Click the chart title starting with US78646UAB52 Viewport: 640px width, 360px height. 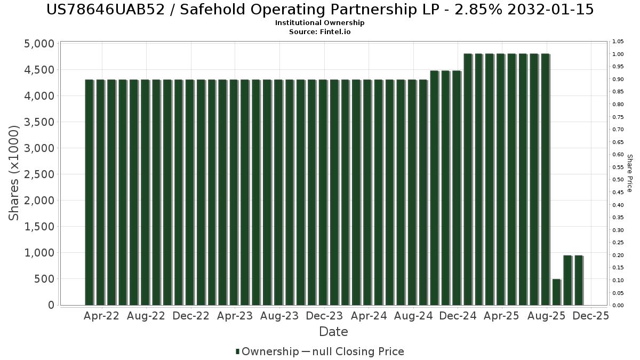tap(320, 10)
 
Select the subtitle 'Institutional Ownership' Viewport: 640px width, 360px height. tap(320, 23)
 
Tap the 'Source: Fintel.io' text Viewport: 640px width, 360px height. tap(320, 31)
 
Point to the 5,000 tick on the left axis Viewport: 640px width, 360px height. tap(39, 44)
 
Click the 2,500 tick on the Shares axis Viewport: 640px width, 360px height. tap(39, 174)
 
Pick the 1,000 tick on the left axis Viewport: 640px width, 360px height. tap(39, 253)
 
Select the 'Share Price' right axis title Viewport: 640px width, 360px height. tap(629, 173)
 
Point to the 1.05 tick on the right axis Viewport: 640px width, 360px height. tap(618, 42)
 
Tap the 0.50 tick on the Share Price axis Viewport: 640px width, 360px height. tap(618, 180)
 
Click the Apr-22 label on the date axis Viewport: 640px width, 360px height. tap(102, 316)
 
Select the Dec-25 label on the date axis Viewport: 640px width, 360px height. tap(591, 316)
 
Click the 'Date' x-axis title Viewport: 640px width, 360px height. tap(333, 332)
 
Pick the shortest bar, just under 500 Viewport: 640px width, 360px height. tap(556, 292)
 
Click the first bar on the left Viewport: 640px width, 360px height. tap(89, 192)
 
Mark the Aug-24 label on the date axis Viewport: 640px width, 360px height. tap(414, 316)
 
